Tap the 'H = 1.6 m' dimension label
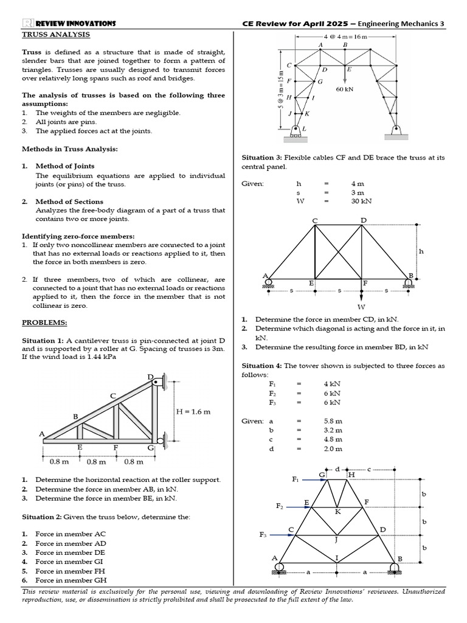click(193, 411)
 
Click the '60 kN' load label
click(345, 88)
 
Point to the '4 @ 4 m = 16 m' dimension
click(345, 37)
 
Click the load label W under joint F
click(362, 307)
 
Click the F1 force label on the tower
click(296, 479)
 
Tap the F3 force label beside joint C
click(263, 535)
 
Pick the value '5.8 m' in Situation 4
click(333, 420)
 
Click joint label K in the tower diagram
click(338, 512)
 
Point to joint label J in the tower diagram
click(336, 539)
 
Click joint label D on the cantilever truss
click(150, 377)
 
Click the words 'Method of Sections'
click(69, 201)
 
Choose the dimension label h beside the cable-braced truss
click(420, 250)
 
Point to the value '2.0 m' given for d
click(333, 448)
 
